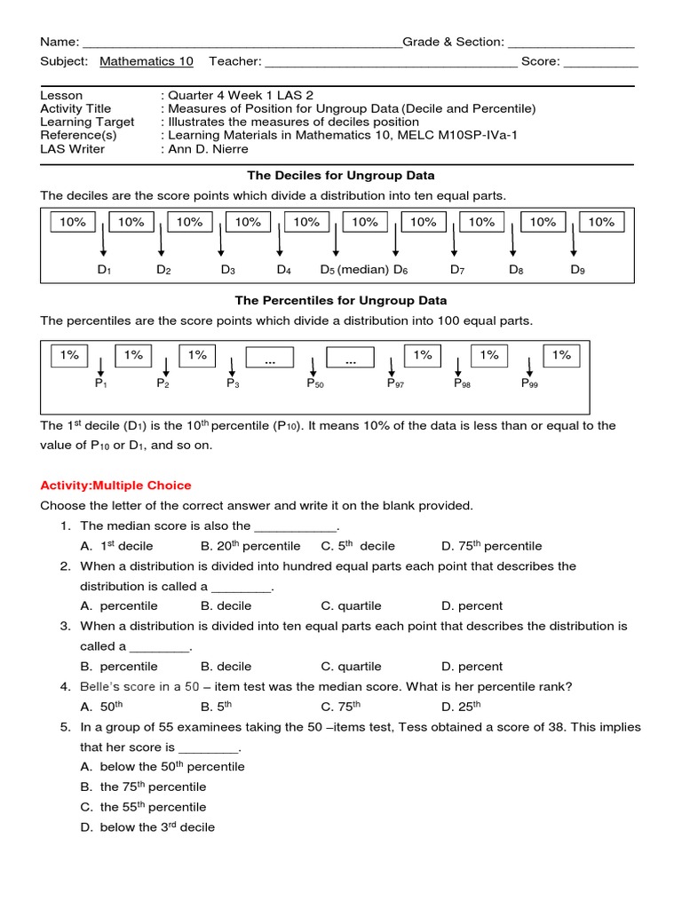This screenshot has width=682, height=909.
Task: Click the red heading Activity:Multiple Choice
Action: (115, 486)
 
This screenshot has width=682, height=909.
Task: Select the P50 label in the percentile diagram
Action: (315, 384)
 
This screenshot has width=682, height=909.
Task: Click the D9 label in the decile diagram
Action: (577, 270)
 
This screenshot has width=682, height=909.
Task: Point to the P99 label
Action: (529, 384)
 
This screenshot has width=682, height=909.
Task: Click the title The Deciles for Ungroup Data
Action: (341, 176)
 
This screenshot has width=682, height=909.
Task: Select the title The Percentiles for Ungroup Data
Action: (341, 301)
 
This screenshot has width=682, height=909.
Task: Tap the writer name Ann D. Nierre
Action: (204, 149)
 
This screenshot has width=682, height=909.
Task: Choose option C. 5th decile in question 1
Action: (358, 546)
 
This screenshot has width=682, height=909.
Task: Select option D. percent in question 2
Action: (472, 606)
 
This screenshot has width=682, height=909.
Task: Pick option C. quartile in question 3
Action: (351, 667)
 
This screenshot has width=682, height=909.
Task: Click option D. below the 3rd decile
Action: (147, 827)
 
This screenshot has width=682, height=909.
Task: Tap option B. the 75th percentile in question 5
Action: (143, 786)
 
